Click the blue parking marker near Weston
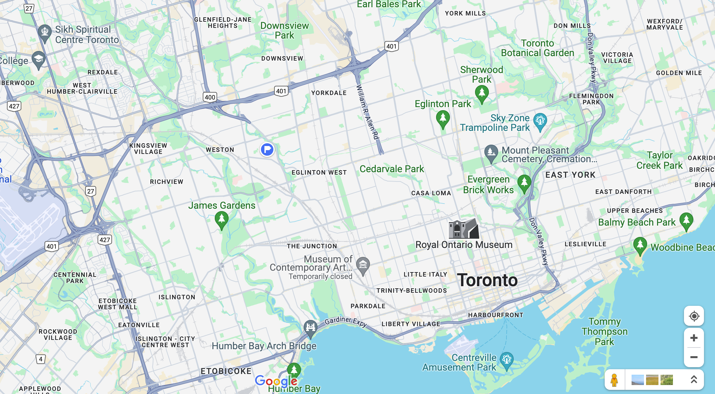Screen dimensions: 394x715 pyautogui.click(x=267, y=149)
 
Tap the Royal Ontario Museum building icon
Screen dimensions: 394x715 pyautogui.click(x=464, y=228)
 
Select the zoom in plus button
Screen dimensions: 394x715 pyautogui.click(x=694, y=338)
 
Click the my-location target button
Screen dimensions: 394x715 pyautogui.click(x=694, y=316)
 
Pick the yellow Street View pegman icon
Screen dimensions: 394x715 pyautogui.click(x=614, y=380)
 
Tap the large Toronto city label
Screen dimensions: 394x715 pyautogui.click(x=487, y=280)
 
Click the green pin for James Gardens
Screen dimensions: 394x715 pyautogui.click(x=221, y=219)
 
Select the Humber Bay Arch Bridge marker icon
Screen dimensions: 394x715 pyautogui.click(x=310, y=326)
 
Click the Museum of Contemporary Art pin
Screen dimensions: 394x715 pyautogui.click(x=363, y=265)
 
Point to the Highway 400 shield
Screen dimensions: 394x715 pyautogui.click(x=210, y=97)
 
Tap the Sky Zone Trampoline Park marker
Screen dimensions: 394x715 pyautogui.click(x=540, y=121)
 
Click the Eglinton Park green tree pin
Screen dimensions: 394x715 pyautogui.click(x=443, y=118)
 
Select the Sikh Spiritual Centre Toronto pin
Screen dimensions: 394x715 pyautogui.click(x=44, y=32)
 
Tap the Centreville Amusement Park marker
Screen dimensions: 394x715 pyautogui.click(x=506, y=360)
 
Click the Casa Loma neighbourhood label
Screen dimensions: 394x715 pyautogui.click(x=431, y=193)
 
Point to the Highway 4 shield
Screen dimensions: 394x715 pyautogui.click(x=41, y=359)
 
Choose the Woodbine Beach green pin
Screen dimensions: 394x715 pyautogui.click(x=640, y=245)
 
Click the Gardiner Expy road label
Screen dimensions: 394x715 pyautogui.click(x=346, y=321)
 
